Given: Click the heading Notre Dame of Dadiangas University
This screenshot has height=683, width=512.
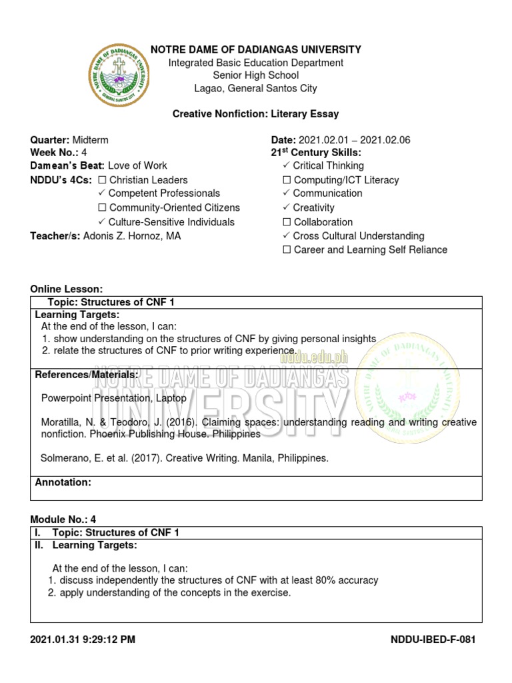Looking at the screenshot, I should [256, 49].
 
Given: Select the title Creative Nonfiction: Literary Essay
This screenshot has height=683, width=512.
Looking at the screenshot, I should [256, 114].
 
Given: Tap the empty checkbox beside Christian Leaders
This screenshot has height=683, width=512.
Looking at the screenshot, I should [102, 180].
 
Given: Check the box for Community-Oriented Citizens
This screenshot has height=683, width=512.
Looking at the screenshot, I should [102, 208].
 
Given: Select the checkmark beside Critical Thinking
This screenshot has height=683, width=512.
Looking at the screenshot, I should [286, 165].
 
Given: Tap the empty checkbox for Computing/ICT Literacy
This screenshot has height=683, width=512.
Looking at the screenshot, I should [287, 180].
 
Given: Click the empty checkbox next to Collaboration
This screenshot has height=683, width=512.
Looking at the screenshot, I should [287, 222].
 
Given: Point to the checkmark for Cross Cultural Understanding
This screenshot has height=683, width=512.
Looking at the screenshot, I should [286, 236].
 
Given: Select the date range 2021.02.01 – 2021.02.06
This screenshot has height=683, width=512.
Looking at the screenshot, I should [354, 140].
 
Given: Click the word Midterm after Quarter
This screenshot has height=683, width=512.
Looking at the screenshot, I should [90, 140].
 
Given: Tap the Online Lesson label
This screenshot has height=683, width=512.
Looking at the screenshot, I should [67, 289].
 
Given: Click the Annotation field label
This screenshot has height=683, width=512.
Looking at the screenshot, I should [63, 482].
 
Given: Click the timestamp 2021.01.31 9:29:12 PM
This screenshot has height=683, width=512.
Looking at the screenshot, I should [83, 640].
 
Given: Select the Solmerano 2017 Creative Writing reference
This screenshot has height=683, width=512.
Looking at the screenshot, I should [185, 459].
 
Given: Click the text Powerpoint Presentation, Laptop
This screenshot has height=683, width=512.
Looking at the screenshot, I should [114, 398].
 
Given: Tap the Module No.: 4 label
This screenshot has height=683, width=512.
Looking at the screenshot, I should [64, 519].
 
